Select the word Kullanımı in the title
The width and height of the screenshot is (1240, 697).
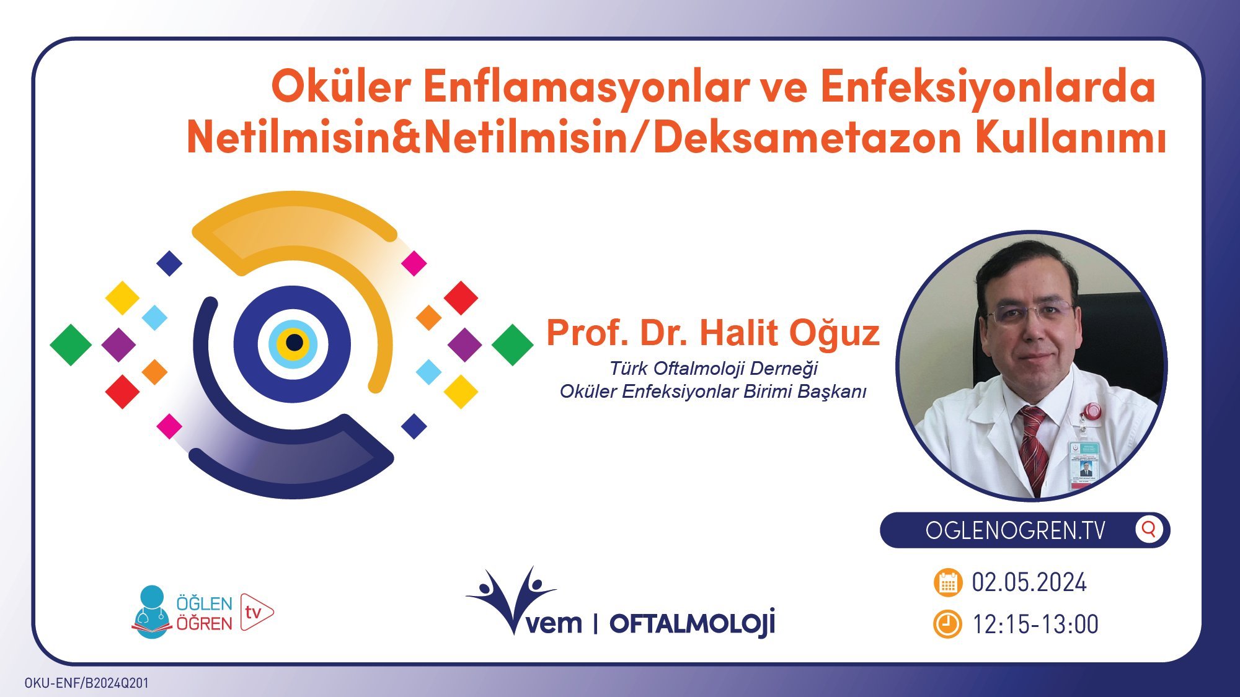tap(1071, 138)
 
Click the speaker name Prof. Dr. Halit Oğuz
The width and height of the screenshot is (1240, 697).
tap(713, 333)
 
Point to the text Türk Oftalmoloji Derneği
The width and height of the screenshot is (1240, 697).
tap(713, 369)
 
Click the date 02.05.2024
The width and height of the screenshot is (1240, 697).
tap(1029, 583)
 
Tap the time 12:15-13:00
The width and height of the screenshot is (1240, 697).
tap(1035, 625)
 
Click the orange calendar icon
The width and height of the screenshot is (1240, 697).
tap(947, 583)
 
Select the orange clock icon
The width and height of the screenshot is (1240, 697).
tap(947, 625)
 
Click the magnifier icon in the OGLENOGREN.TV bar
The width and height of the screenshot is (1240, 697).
tap(1148, 530)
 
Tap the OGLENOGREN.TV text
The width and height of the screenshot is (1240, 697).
tap(1015, 531)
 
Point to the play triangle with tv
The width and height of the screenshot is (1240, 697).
tap(255, 612)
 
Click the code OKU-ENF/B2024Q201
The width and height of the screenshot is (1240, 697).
tap(87, 683)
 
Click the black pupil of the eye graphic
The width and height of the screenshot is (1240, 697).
tap(294, 343)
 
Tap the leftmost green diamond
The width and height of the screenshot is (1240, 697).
tap(71, 344)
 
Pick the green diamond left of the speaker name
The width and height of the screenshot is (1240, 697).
tap(512, 344)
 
